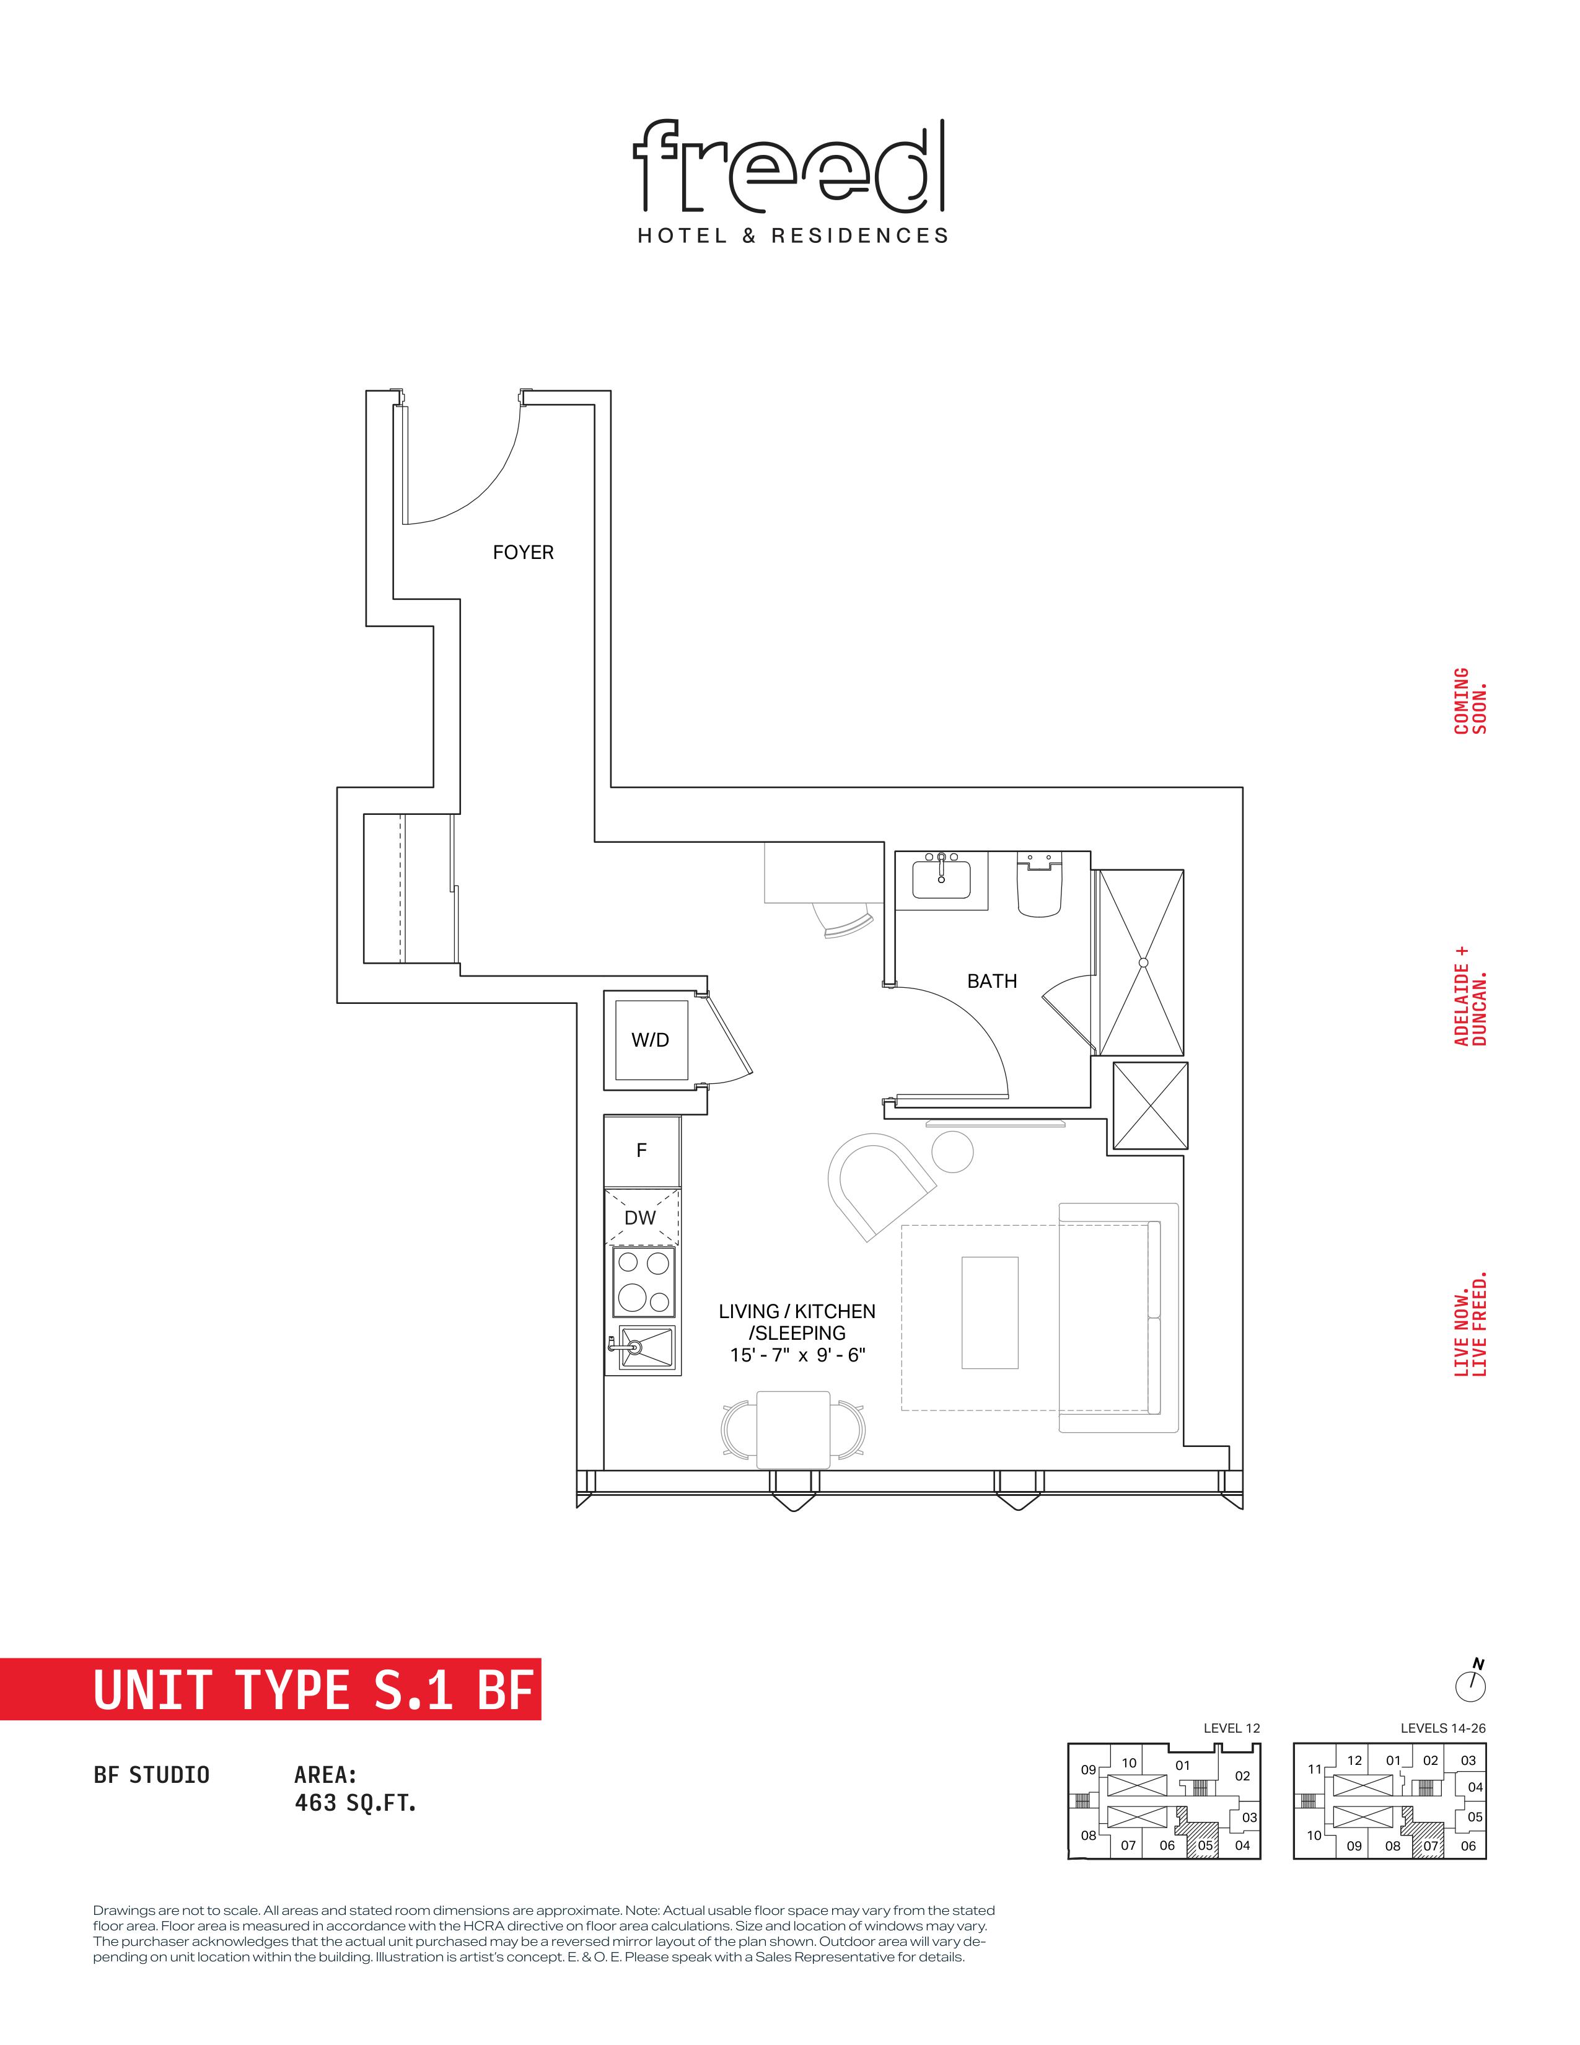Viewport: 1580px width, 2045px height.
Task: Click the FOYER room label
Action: (522, 552)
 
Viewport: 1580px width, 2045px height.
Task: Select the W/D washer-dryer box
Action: (651, 1039)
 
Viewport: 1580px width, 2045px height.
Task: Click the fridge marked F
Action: (642, 1151)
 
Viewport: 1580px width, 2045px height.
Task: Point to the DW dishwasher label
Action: (640, 1217)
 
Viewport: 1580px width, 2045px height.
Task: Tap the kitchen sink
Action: (642, 1348)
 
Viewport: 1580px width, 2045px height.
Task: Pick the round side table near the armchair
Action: (952, 1152)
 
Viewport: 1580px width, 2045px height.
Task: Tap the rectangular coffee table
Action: (990, 1313)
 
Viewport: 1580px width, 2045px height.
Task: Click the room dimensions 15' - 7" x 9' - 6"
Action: (797, 1355)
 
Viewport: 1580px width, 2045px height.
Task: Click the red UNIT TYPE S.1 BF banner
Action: (271, 1689)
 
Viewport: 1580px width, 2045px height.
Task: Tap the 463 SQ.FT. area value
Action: (355, 1803)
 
